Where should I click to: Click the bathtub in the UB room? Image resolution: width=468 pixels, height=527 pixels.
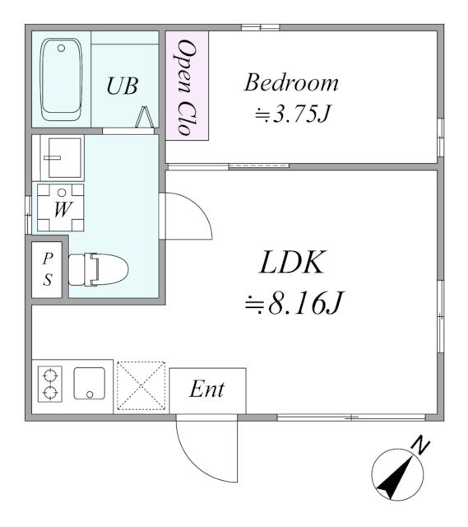click(61, 79)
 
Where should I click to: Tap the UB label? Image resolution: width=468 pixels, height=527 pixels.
click(123, 86)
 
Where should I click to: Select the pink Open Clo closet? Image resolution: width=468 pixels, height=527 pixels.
click(187, 86)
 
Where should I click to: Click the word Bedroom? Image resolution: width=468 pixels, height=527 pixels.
click(291, 83)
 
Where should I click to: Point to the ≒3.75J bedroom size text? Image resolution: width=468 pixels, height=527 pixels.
click(292, 114)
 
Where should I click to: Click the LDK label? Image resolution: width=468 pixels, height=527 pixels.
click(294, 264)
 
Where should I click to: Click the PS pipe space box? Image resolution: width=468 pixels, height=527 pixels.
click(48, 269)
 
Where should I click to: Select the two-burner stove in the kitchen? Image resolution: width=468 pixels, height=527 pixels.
click(50, 385)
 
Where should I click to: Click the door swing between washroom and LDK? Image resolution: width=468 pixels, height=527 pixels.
click(187, 217)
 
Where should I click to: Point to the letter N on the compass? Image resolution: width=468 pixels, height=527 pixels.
click(421, 447)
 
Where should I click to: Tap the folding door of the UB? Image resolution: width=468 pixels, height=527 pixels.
click(145, 118)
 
